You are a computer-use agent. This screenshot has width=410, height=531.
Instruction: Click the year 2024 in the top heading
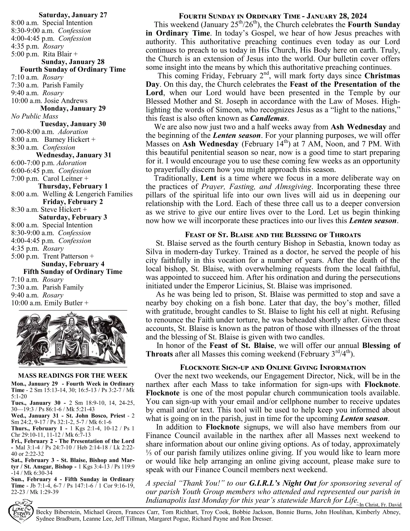[359, 16]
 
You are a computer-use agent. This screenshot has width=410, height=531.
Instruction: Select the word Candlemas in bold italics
[269, 118]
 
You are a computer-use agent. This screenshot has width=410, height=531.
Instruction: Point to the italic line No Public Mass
[35, 116]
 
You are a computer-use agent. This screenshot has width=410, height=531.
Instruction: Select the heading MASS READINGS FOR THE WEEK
[73, 375]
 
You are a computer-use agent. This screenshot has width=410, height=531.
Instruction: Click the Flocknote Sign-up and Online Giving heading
[273, 367]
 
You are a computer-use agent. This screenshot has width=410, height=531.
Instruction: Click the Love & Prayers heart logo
[21, 513]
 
